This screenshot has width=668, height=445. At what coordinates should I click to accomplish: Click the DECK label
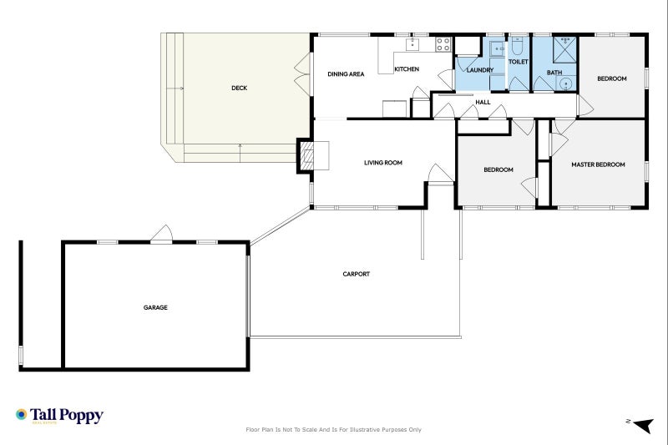[x=239, y=88]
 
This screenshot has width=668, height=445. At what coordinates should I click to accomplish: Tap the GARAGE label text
[x=155, y=307]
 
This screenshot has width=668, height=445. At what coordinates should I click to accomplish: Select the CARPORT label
[x=356, y=274]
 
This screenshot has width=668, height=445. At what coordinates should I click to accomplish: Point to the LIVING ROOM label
[x=383, y=163]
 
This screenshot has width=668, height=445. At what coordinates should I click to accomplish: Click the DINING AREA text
[x=346, y=74]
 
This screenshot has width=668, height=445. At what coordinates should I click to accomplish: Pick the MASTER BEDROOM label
[x=598, y=164]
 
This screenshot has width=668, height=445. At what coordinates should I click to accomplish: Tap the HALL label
[x=483, y=103]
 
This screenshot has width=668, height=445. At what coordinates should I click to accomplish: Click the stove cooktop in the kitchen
[x=443, y=44]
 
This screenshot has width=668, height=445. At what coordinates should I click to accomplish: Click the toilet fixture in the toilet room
[x=517, y=47]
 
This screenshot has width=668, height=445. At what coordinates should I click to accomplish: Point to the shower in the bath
[x=565, y=48]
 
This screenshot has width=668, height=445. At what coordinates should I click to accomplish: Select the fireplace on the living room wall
[x=307, y=156]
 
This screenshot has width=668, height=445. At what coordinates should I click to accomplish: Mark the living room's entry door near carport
[x=438, y=174]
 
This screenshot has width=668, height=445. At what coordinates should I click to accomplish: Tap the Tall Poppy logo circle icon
[x=21, y=414]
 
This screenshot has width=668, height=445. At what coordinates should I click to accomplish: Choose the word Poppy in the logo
[x=82, y=414]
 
